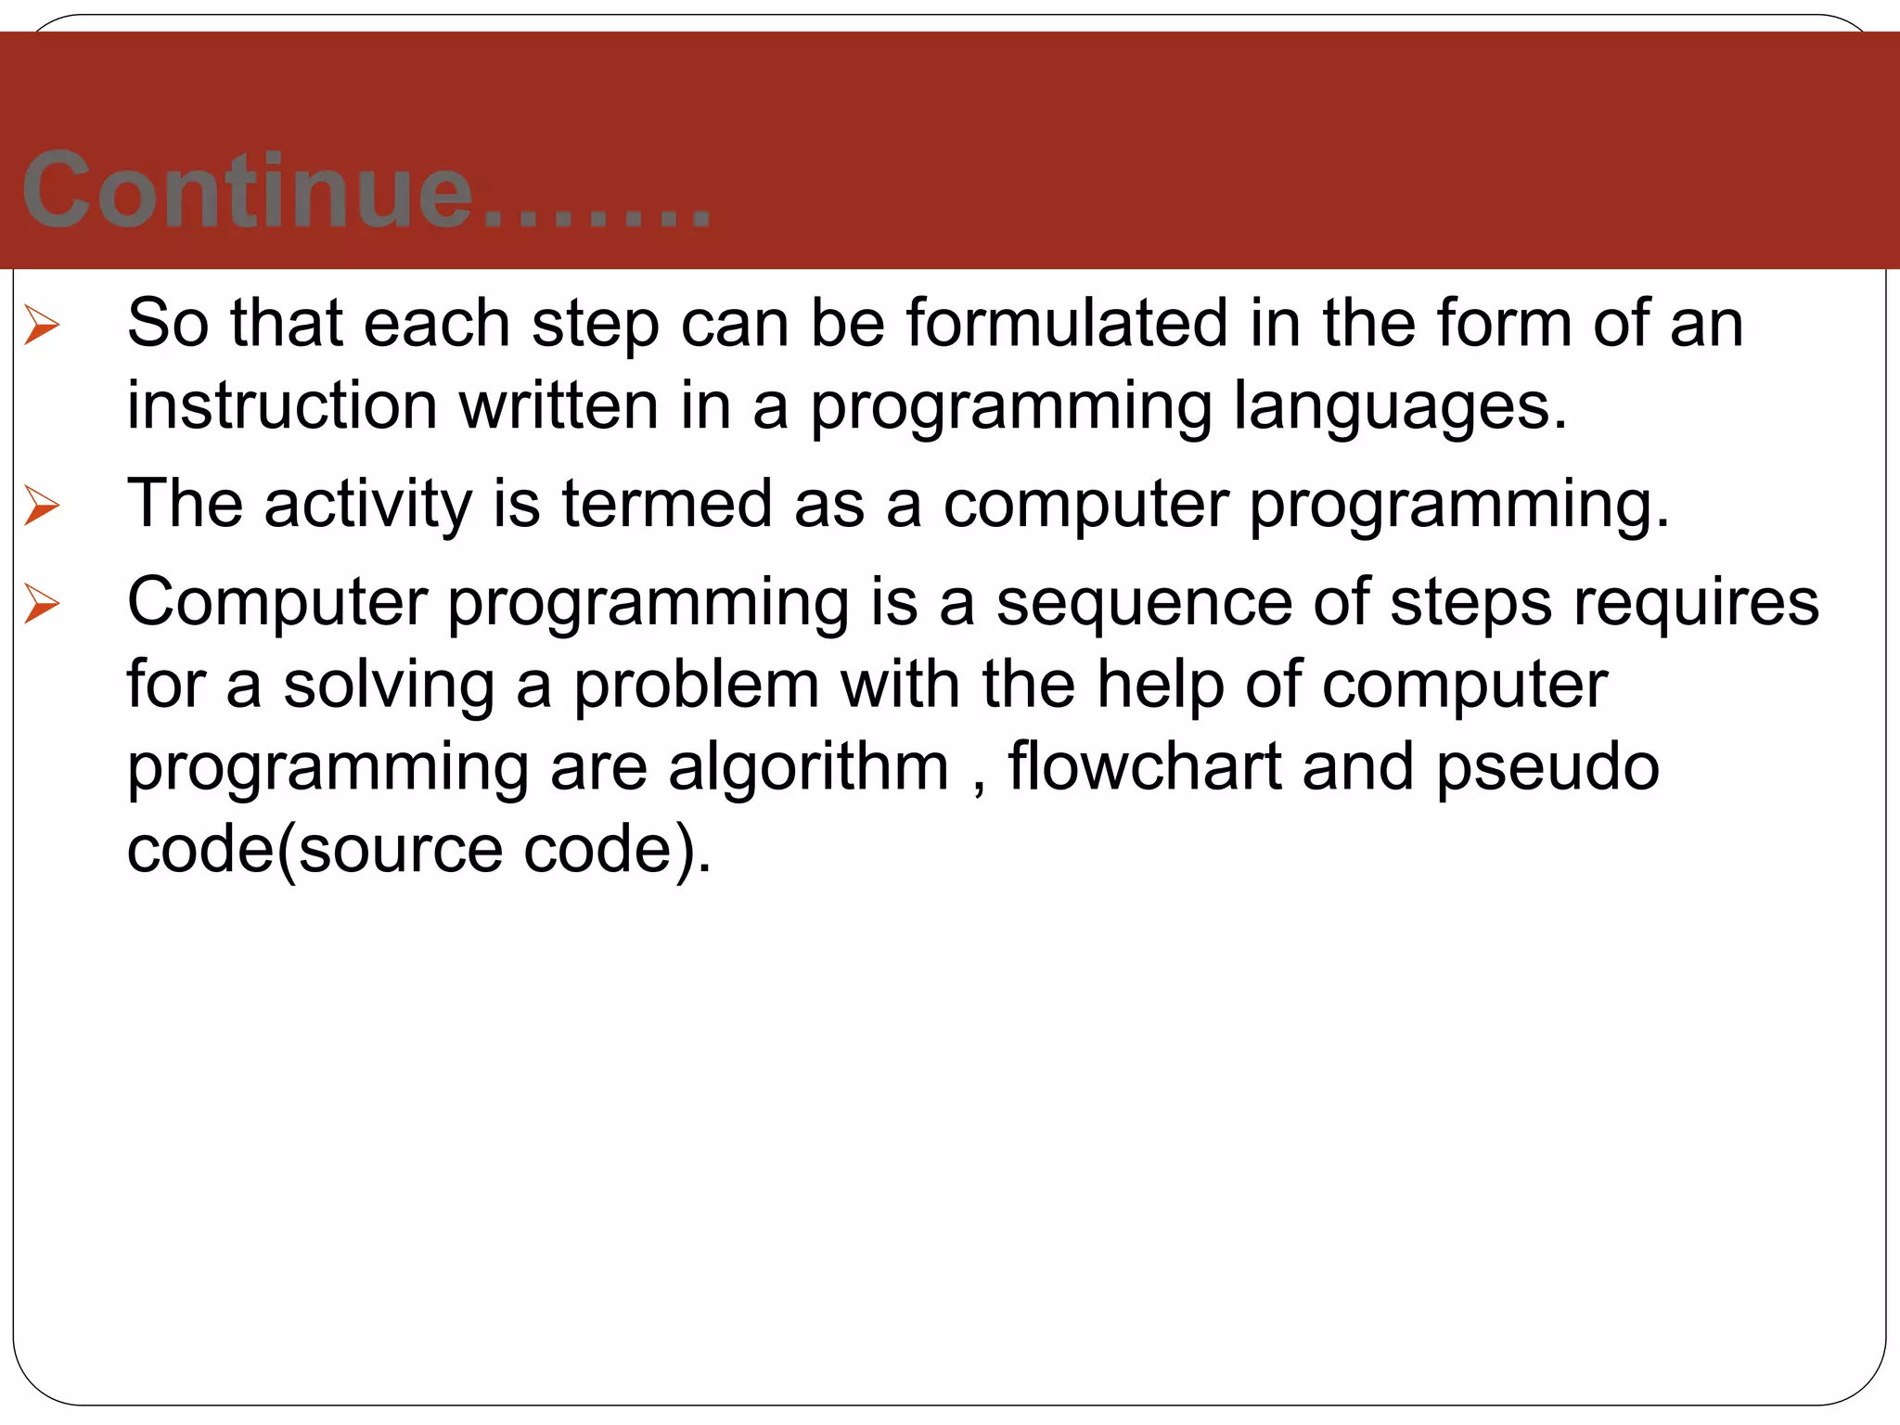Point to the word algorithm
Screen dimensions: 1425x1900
(x=808, y=767)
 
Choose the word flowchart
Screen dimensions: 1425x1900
(x=1145, y=767)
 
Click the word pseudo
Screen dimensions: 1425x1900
(x=1547, y=767)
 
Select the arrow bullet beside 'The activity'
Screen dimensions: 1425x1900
(x=42, y=506)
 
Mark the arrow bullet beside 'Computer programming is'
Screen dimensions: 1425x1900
(x=42, y=604)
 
